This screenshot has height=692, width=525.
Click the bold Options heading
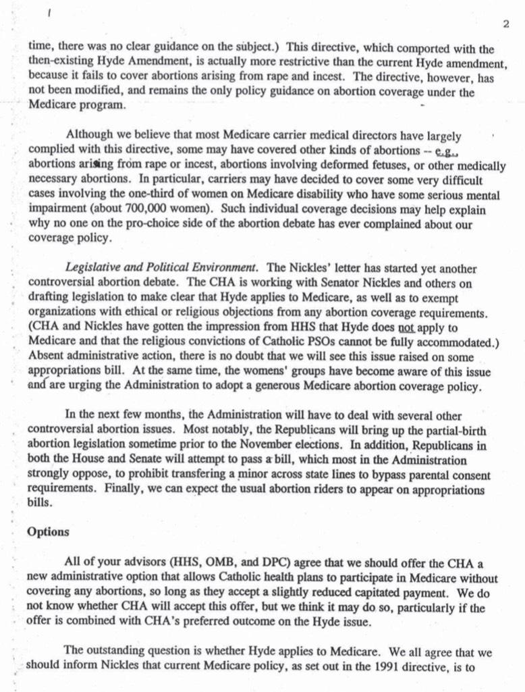click(48, 531)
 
